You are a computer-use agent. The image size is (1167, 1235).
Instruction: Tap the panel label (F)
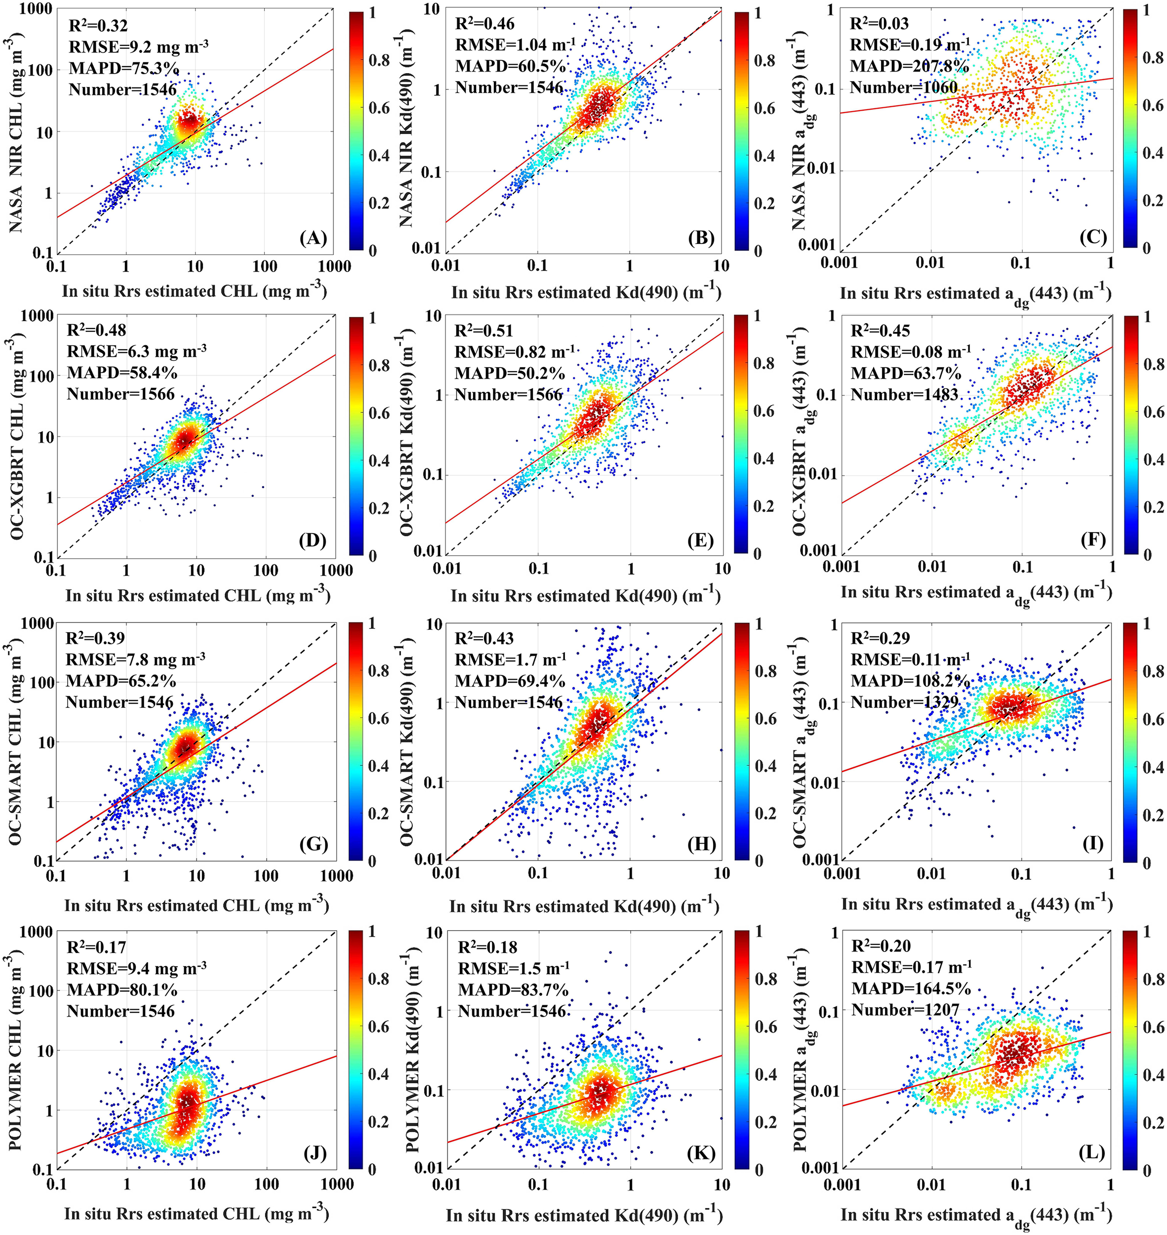(x=1093, y=539)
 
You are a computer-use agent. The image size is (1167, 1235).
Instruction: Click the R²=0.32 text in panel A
(x=98, y=26)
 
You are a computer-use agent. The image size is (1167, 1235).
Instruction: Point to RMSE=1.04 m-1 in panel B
(x=516, y=45)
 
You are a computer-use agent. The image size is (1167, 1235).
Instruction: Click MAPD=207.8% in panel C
(x=910, y=66)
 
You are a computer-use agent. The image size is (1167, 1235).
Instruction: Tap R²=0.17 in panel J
(x=96, y=947)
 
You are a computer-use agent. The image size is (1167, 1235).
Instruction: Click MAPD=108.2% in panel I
(x=910, y=681)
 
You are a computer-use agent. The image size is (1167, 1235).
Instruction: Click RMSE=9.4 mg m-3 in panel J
(x=137, y=969)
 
